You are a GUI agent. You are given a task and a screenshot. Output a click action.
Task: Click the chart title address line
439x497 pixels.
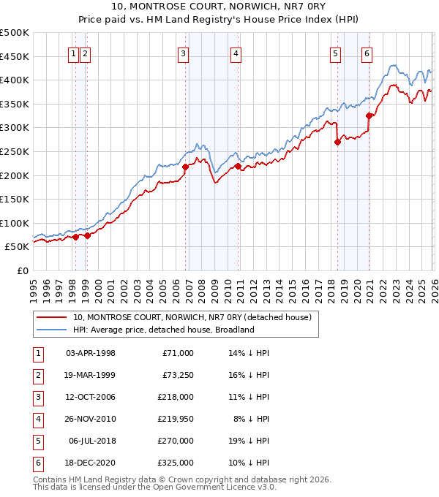[219, 7]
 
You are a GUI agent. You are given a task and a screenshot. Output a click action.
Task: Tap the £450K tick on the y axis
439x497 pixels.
[15, 56]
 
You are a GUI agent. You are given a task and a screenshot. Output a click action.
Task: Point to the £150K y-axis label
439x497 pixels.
[15, 199]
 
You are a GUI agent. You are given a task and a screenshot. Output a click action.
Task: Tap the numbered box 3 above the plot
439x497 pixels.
[182, 53]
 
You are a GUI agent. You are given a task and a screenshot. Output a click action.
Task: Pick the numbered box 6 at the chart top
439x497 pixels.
[367, 53]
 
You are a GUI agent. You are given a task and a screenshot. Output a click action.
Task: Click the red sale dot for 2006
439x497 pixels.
[185, 167]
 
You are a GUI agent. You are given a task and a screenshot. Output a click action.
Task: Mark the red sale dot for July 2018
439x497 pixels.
[337, 143]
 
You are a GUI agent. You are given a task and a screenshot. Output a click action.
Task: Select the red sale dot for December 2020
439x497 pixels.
[369, 115]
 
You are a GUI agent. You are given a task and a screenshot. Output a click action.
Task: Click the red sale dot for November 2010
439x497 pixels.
[239, 166]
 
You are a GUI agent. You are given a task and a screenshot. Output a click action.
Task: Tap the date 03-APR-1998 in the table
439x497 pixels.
[90, 353]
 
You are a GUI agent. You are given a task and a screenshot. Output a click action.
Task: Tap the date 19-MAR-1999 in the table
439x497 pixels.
[90, 375]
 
